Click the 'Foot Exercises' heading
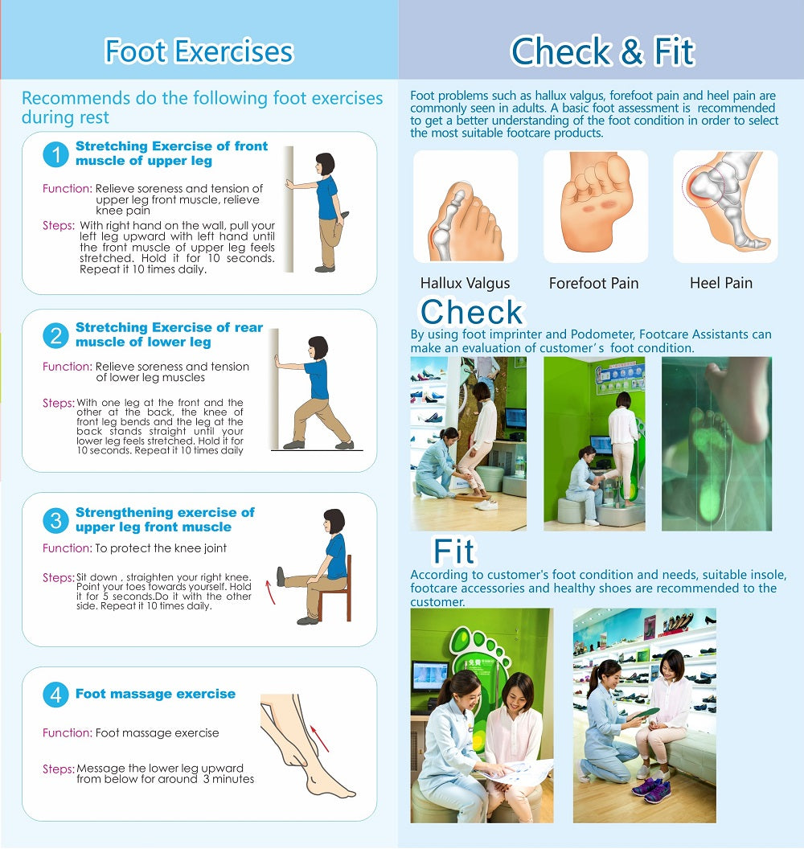point(199,51)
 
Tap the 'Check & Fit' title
point(602,51)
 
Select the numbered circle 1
point(55,154)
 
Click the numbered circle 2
point(55,335)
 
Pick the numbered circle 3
point(55,520)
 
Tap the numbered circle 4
point(55,695)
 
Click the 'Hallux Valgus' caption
point(466,283)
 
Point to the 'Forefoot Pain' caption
point(593,283)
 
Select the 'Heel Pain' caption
point(721,282)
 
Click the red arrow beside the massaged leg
point(319,738)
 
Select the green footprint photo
point(716,443)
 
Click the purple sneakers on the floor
point(651,792)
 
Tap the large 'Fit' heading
point(453,551)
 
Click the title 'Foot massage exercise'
point(155,694)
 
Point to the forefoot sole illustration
point(596,207)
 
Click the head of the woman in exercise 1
point(325,164)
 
